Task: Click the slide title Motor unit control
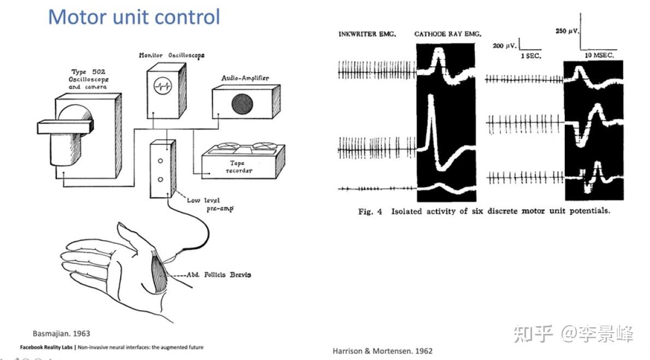(x=134, y=16)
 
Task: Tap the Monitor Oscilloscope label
(x=172, y=55)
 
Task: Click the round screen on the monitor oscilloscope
(x=163, y=85)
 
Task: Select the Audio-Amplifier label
(x=245, y=78)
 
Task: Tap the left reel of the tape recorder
(x=224, y=146)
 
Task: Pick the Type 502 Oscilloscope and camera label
(x=90, y=79)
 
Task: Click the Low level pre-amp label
(x=210, y=204)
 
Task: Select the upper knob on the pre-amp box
(x=161, y=161)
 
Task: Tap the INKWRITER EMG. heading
(x=367, y=34)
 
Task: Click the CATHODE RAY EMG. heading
(x=448, y=34)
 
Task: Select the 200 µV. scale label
(x=505, y=46)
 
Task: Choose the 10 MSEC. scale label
(x=599, y=56)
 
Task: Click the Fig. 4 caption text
(x=483, y=211)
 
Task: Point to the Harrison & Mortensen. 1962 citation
(x=382, y=351)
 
